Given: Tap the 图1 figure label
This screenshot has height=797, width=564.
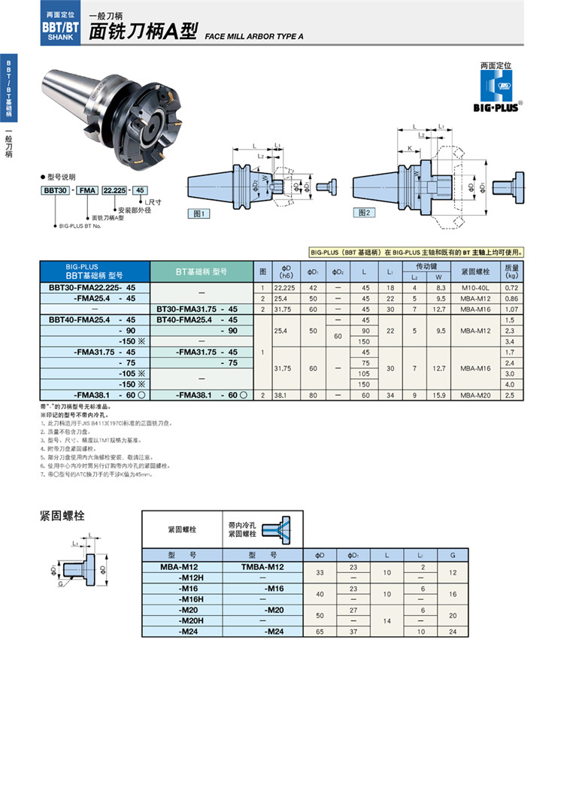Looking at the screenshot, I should pos(199,214).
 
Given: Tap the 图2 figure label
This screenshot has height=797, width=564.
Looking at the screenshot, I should pos(365,213).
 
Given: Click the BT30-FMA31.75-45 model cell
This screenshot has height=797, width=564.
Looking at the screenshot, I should pos(197,309).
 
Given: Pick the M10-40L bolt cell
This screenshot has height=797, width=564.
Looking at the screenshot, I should pos(475,288).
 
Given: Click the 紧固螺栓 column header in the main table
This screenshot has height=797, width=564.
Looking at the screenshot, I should pos(475,271).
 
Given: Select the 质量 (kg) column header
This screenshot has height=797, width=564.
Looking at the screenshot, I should pos(512,271).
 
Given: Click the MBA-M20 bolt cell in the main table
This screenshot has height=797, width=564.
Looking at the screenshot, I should pos(475,394).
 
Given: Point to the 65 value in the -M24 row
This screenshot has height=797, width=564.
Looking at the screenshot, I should pos(320,632).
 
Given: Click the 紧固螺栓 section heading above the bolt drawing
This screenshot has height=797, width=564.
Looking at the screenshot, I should pos(62,517).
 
